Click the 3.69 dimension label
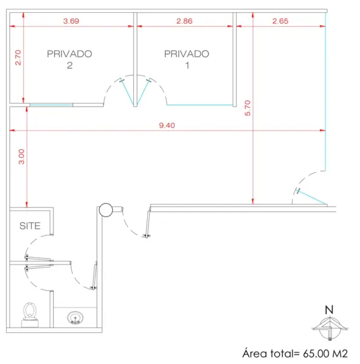pos(71,21)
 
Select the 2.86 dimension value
pos(184,21)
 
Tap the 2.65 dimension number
pos(280,21)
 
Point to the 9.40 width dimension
pos(167,126)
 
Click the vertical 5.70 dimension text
pos(248,108)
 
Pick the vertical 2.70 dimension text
pos(18,58)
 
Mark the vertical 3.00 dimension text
pos(21,157)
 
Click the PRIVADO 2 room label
pos(70,59)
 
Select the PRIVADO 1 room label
pos(187,59)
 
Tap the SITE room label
pos(30,226)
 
